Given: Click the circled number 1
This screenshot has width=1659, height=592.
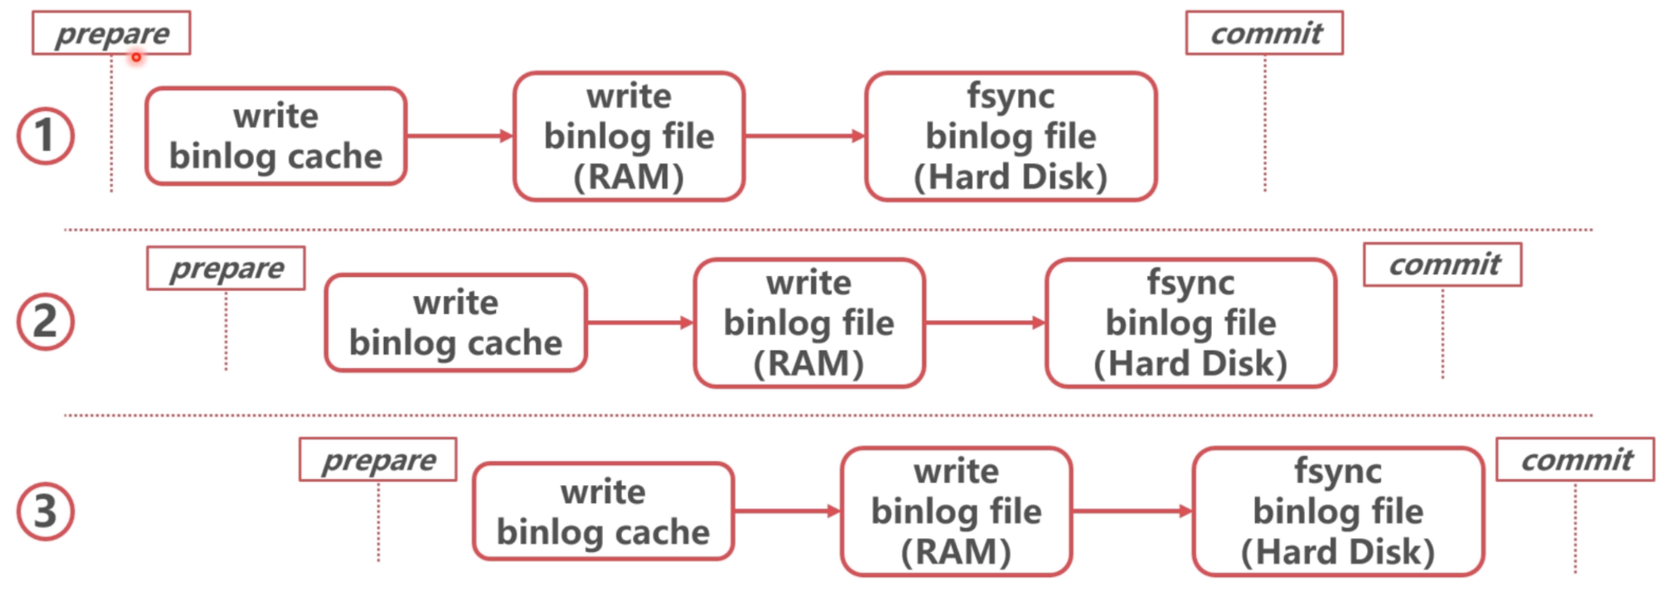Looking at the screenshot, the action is coord(46,136).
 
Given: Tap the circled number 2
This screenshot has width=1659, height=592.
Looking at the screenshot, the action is coord(46,322).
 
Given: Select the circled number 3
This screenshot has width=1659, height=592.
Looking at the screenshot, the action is coord(46,512).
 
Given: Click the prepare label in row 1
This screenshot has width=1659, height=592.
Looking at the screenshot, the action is coord(111,33).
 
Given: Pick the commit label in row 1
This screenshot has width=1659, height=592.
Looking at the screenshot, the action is coord(1264,33).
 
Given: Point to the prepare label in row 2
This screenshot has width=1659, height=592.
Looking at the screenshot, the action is coord(226,268).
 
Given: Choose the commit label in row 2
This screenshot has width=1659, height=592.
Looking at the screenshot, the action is coord(1443,264).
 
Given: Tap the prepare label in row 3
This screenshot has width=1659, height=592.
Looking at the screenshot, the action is coord(378,459).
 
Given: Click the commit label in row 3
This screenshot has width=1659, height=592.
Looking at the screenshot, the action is coord(1575,459).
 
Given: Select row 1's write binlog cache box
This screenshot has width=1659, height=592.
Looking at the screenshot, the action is coord(276,136).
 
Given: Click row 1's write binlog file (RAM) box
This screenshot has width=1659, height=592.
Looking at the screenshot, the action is coord(629,136).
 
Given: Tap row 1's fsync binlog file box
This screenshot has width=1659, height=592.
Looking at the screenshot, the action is coord(1011,136).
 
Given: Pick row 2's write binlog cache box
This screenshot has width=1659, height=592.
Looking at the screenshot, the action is coord(456,323).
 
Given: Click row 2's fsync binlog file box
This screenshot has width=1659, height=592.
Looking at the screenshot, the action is coord(1191,323).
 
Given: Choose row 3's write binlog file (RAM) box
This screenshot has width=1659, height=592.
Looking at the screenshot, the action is coord(956,512).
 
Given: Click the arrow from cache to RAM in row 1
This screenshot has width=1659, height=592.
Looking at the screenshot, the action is coord(460,136).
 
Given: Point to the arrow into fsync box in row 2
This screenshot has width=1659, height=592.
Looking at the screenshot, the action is coord(985,323).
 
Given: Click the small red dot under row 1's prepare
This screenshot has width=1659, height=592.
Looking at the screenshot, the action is coord(136,57).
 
